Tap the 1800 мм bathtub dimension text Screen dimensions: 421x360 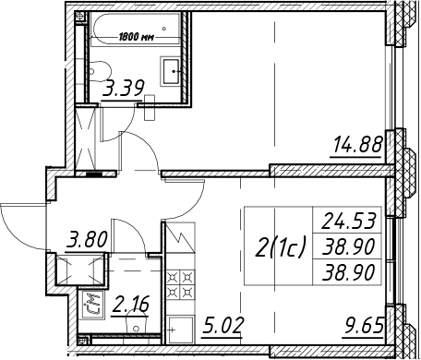pos(137,38)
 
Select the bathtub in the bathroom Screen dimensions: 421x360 pos(136,30)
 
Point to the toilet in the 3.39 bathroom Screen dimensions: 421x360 pos(99,71)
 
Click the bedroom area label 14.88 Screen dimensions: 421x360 pos(358,145)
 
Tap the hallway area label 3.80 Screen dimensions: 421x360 pos(87,240)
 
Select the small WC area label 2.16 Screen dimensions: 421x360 pos(130,304)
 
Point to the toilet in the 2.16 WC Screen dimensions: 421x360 pos(136,320)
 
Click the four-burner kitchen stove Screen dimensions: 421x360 pos(181,284)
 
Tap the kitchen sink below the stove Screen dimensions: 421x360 pos(180,330)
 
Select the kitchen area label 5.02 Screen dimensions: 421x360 pos(223,326)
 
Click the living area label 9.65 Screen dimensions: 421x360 pos(365,326)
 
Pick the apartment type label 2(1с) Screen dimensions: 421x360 pos(280,246)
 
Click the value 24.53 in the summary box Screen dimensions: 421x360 pos(348,221)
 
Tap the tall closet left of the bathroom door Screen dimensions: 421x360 pos(86,138)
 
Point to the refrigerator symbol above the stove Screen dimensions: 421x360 pos(180,237)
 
